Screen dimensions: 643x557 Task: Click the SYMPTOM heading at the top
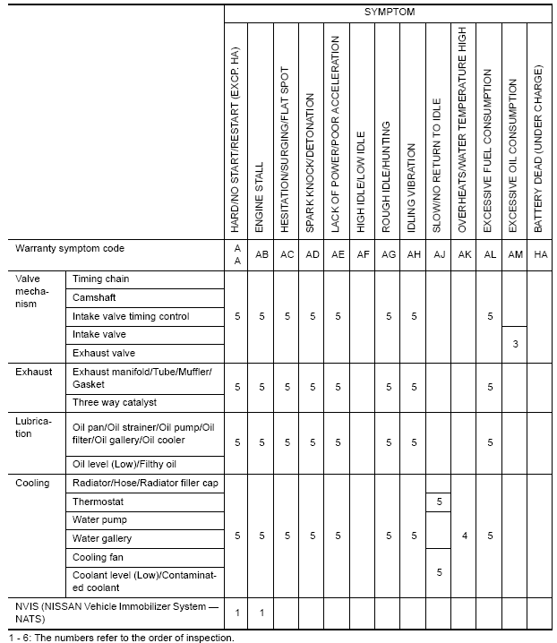[x=389, y=12]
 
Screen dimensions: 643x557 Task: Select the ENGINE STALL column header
[x=261, y=198]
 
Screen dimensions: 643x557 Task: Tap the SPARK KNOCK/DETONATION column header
[x=312, y=164]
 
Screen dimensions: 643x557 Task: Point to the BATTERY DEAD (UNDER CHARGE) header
[x=539, y=150]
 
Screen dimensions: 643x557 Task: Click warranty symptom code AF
[x=363, y=254]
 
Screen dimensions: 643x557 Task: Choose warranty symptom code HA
[x=540, y=254]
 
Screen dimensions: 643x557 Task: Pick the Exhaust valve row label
[x=105, y=354]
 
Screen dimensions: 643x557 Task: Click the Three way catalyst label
[x=115, y=403]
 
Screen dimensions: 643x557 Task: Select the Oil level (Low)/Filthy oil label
[x=124, y=464]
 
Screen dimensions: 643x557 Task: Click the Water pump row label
[x=100, y=520]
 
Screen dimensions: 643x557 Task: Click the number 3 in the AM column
[x=515, y=344]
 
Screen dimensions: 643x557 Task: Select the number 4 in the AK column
[x=464, y=536]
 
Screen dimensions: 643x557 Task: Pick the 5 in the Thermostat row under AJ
[x=439, y=502]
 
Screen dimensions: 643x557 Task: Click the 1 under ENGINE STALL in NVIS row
[x=261, y=613]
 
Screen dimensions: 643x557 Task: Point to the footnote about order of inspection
[x=120, y=638]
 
